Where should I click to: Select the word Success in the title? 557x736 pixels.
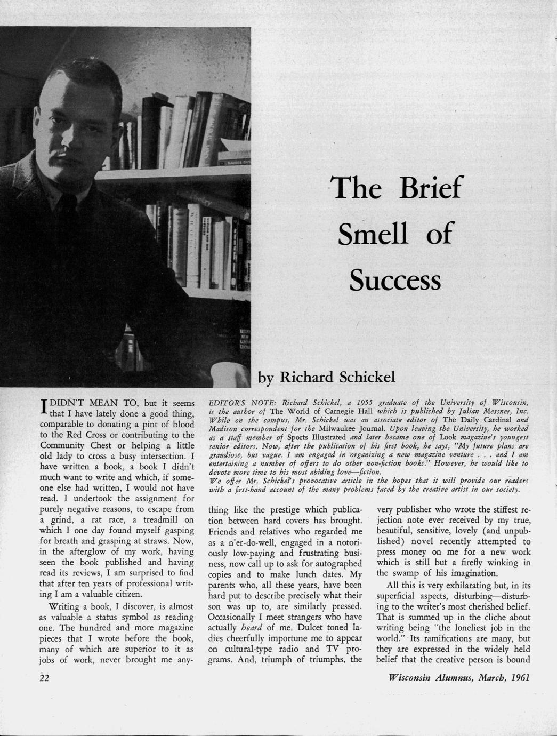(x=395, y=279)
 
